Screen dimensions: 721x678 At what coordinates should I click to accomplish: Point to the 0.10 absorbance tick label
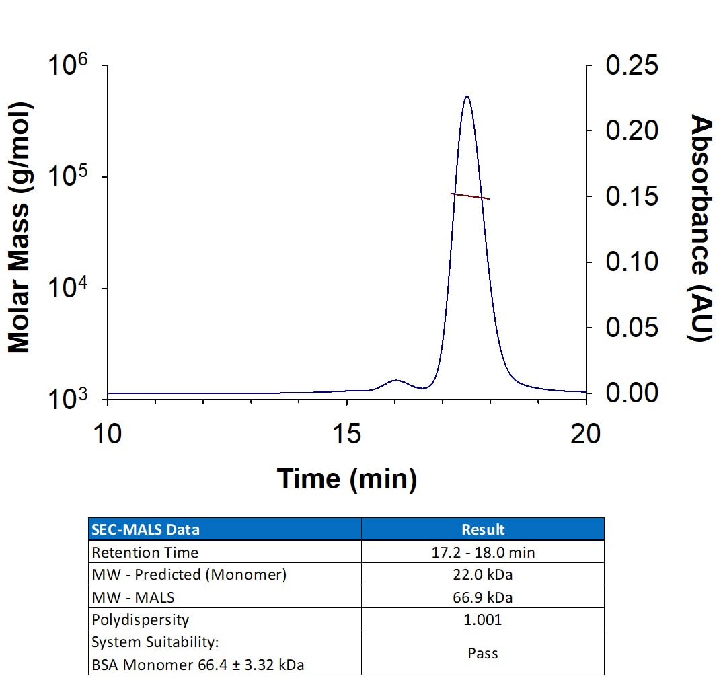click(x=632, y=262)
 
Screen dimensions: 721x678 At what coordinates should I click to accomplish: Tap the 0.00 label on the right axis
click(x=632, y=393)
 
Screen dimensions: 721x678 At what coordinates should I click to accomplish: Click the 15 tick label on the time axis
click(x=346, y=434)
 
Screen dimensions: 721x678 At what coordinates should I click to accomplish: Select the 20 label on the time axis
click(x=585, y=434)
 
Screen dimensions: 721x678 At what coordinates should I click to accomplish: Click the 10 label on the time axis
click(x=108, y=434)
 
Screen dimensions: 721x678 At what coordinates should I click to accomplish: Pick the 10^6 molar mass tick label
click(x=67, y=65)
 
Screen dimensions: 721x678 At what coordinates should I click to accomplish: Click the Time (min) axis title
click(x=347, y=479)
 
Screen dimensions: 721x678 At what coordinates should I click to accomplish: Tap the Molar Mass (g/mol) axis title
click(x=20, y=228)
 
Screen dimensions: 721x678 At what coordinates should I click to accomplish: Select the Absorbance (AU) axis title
click(x=701, y=228)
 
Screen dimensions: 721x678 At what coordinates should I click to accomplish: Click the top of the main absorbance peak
click(x=467, y=96)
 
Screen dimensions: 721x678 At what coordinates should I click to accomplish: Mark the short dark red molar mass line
click(x=470, y=196)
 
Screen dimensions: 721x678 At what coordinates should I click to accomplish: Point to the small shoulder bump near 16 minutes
click(x=396, y=381)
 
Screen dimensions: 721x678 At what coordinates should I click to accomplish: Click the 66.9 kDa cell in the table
click(x=482, y=597)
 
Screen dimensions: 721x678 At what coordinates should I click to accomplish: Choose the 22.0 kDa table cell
click(x=482, y=574)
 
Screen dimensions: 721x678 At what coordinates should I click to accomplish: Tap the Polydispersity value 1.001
click(x=482, y=619)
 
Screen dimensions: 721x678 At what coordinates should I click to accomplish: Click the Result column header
click(x=483, y=529)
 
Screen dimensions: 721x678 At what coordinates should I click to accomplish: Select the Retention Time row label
click(x=145, y=552)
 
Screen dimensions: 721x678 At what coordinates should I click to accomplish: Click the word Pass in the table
click(x=483, y=653)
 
